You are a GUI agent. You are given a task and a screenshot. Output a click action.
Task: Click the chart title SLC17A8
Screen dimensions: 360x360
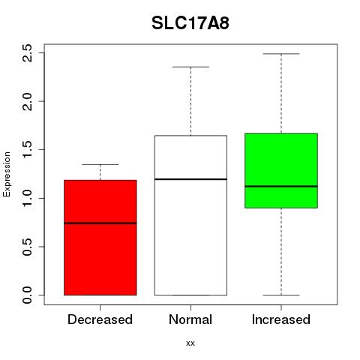[x=190, y=23]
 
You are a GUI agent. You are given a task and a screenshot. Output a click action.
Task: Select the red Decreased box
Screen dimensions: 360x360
[x=100, y=238]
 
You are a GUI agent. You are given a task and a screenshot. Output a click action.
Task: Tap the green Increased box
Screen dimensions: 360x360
[x=281, y=170]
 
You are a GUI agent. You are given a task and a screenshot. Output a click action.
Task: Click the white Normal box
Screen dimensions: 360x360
[x=190, y=215]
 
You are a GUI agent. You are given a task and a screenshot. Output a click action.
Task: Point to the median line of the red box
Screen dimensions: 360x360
[x=100, y=223]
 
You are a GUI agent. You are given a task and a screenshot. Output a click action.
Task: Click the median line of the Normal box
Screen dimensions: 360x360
[x=190, y=179]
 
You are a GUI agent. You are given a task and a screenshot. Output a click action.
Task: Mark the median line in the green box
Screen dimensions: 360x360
[x=281, y=186]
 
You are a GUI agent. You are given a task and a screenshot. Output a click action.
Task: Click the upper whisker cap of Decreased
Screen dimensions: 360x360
[x=100, y=164]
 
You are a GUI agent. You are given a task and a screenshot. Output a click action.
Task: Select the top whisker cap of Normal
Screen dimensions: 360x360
[x=190, y=67]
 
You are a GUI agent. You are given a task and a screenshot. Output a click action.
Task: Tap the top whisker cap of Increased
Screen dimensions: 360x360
[x=281, y=54]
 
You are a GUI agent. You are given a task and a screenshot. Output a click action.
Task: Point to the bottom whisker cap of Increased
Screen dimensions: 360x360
[x=281, y=295]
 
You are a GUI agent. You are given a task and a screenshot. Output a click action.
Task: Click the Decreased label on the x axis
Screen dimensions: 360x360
[x=100, y=319]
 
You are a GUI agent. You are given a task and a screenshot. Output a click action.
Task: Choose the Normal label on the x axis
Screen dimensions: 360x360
[x=190, y=319]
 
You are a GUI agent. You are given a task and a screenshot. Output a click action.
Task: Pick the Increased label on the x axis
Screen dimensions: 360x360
[x=281, y=319]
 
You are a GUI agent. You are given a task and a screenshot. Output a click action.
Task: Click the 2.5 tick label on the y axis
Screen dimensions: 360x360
[x=27, y=53]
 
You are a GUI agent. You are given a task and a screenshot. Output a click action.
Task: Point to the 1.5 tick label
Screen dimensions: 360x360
[x=27, y=149]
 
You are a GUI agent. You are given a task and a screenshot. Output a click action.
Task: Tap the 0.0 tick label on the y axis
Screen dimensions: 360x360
[x=27, y=295]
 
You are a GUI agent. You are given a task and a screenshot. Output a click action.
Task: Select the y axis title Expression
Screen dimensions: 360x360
[x=7, y=174]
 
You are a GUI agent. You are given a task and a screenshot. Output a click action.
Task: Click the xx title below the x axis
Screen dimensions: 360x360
[x=190, y=343]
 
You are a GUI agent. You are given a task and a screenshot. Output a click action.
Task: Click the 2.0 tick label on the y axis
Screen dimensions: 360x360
[x=27, y=101]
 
